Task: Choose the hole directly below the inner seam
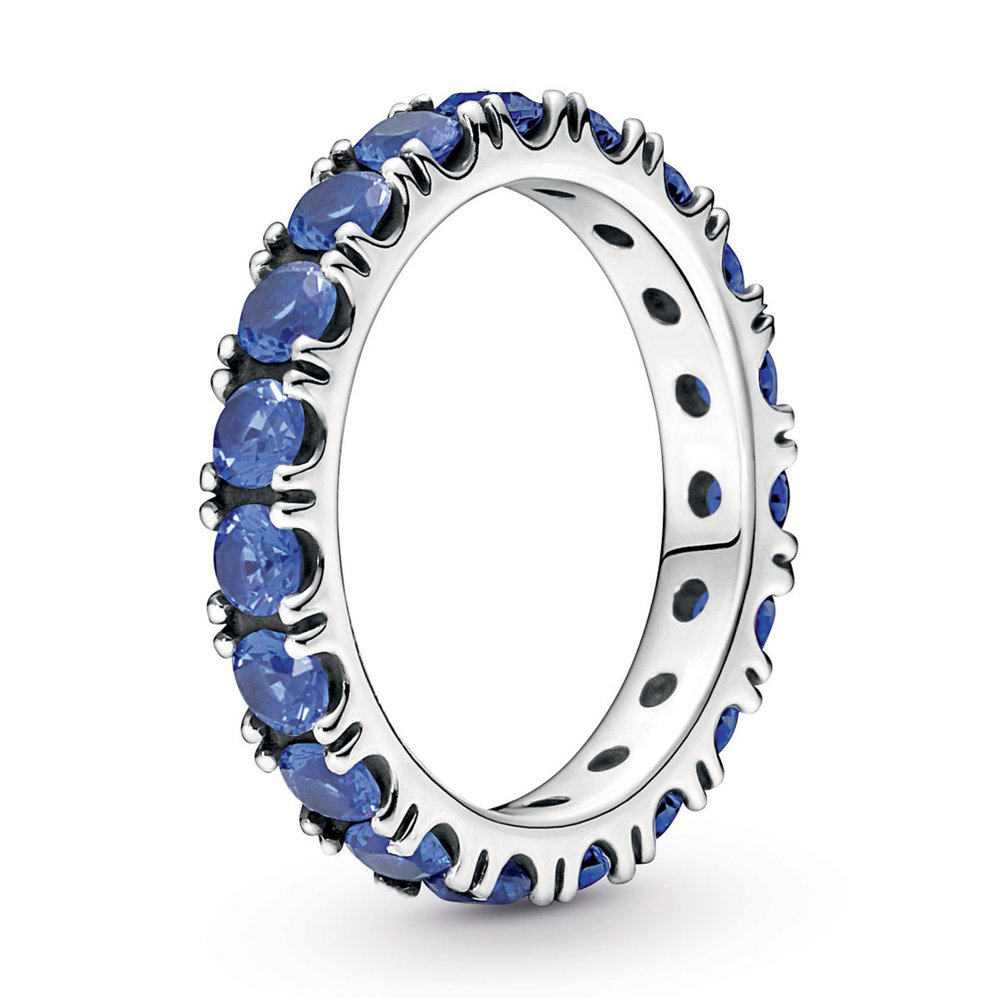click(690, 596)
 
